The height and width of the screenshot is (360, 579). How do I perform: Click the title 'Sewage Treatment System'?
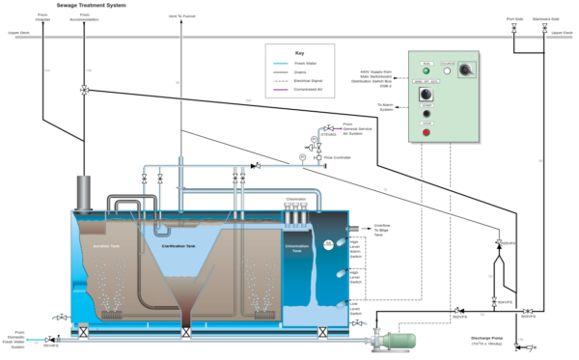[x=56, y=7]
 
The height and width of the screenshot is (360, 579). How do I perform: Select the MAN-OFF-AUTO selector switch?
[x=468, y=71]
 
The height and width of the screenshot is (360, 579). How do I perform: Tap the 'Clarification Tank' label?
[x=180, y=245]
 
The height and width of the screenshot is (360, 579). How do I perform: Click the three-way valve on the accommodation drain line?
[x=85, y=90]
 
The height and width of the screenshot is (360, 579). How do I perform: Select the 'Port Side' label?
[x=513, y=17]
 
